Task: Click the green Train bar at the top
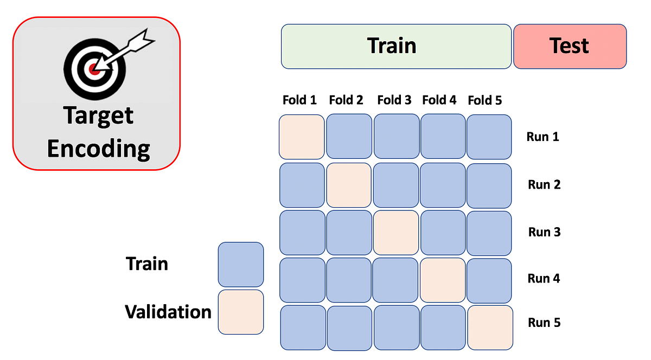point(396,46)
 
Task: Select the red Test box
point(570,46)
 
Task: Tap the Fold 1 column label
point(299,100)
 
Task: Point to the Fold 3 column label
point(394,100)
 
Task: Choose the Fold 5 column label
point(485,100)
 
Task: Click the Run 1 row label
point(542,137)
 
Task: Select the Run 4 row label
point(544,279)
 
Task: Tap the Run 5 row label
point(544,323)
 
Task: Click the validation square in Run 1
point(302,137)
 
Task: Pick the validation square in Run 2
point(349,185)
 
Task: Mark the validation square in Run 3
point(396,233)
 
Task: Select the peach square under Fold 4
point(443,280)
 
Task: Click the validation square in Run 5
point(490,327)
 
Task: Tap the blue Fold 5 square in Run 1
point(489,137)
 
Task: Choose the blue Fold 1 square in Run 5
point(303,327)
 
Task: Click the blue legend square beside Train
point(240,265)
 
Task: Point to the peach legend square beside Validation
point(240,312)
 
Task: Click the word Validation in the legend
point(168,312)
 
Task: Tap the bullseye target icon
point(97,66)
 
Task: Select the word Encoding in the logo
point(98,148)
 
